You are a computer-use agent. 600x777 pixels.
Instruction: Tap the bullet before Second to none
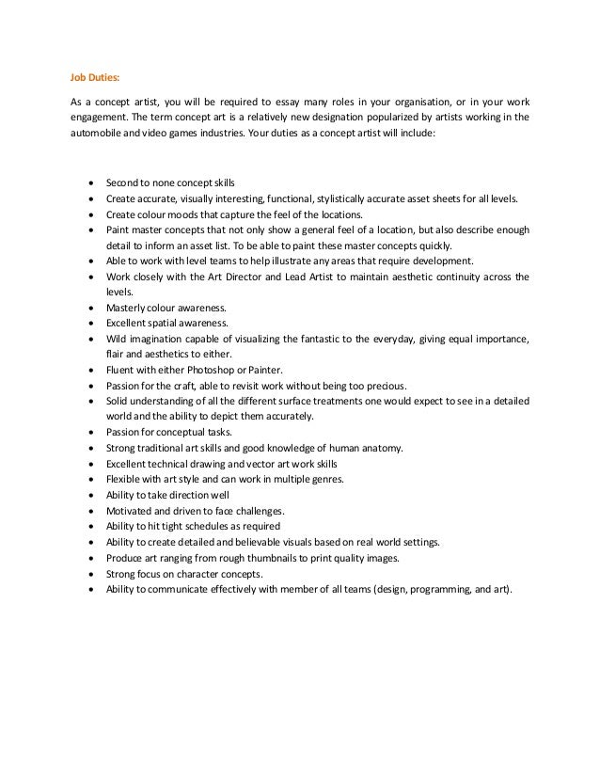[89, 182]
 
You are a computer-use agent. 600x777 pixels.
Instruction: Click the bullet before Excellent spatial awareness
[89, 323]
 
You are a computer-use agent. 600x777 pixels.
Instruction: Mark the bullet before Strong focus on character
[89, 574]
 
